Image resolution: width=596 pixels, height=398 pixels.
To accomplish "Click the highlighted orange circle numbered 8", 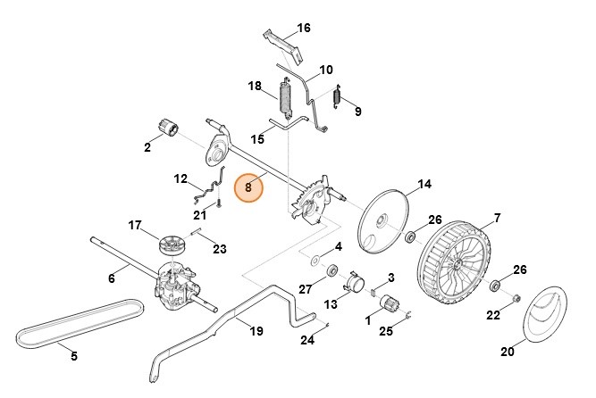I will coord(248,188).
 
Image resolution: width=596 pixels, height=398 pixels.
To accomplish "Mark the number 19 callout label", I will coord(256,331).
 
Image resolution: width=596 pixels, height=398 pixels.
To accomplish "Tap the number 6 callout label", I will coord(112,278).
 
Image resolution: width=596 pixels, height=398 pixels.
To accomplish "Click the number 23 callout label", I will coord(220,249).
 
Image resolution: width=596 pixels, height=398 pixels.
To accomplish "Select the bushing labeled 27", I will coord(332,270).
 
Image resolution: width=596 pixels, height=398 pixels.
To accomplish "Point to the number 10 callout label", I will coord(325,69).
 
